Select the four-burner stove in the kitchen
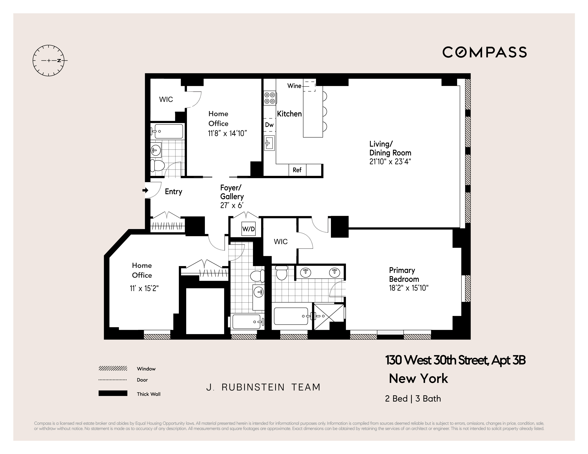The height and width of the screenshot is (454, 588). pos(270,98)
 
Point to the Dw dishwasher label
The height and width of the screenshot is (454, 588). pos(269,125)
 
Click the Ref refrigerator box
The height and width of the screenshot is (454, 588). pos(297,170)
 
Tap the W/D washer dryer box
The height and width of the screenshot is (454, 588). pos(248,229)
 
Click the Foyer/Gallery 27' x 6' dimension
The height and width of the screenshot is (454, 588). pos(232,206)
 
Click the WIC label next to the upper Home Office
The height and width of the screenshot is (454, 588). pos(166,99)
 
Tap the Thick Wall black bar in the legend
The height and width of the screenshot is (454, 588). pos(113,393)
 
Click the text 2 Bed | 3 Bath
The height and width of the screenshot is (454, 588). pos(413,399)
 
